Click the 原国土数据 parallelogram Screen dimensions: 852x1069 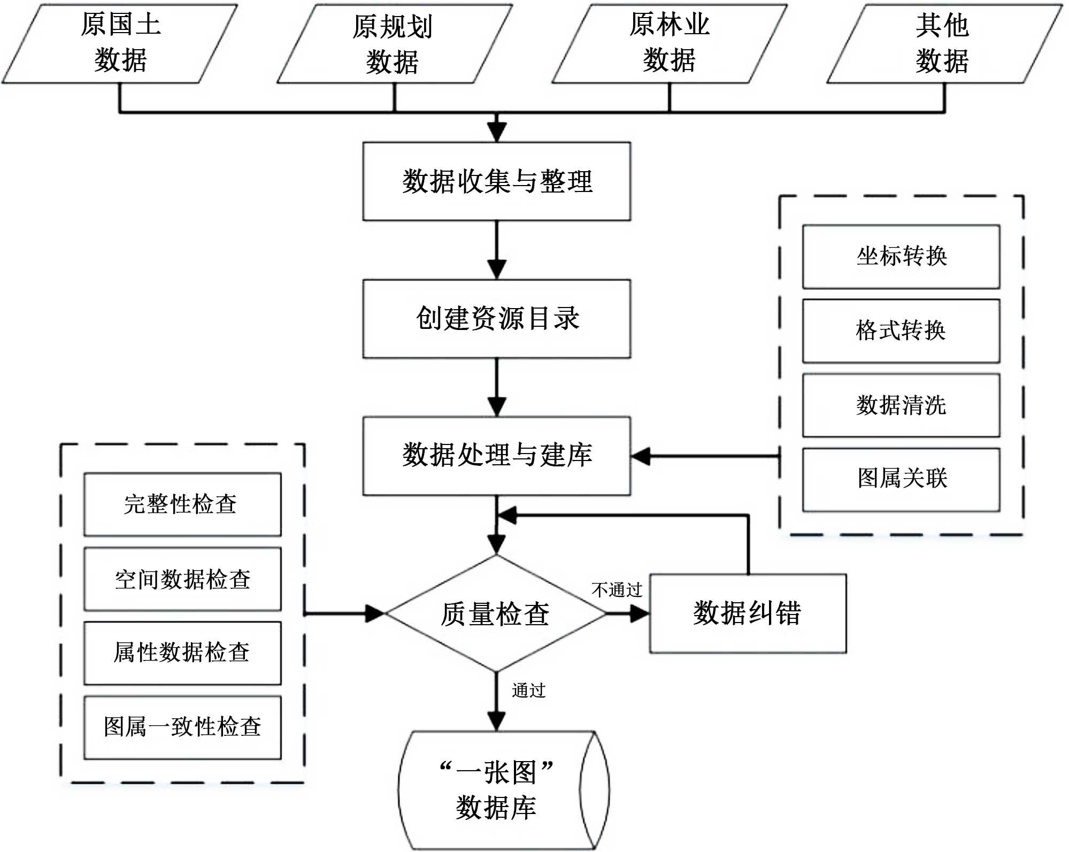[x=120, y=44]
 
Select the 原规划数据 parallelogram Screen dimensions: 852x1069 [x=394, y=44]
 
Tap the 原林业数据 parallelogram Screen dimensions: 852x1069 [x=670, y=44]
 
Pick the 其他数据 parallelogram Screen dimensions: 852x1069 [x=944, y=44]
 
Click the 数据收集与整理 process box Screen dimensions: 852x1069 [x=497, y=181]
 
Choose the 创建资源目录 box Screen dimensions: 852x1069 [x=497, y=319]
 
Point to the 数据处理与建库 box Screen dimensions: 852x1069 [x=497, y=456]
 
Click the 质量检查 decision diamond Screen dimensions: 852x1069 [x=496, y=613]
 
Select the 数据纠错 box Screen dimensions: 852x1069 [x=748, y=613]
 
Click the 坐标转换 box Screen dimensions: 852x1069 [x=901, y=257]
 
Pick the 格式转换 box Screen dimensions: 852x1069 [x=901, y=331]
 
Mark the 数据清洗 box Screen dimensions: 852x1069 [x=901, y=405]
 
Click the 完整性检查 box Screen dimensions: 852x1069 [x=182, y=504]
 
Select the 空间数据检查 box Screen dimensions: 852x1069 [x=182, y=579]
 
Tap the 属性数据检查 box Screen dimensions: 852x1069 [x=182, y=653]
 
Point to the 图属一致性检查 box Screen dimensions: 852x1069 [x=182, y=727]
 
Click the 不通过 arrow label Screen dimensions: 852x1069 [x=617, y=590]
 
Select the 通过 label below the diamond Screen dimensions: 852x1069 [x=528, y=690]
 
